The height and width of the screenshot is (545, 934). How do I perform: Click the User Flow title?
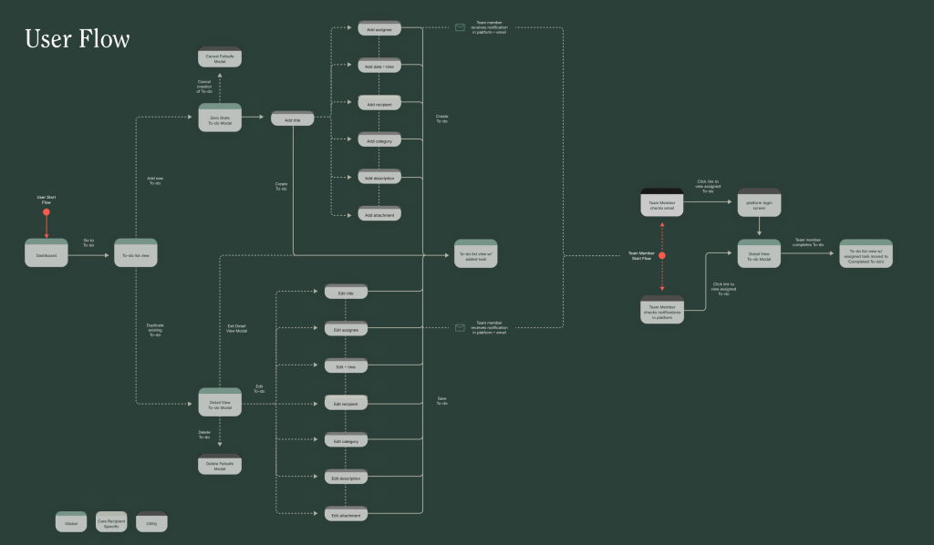(78, 39)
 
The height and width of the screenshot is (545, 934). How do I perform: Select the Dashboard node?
(47, 255)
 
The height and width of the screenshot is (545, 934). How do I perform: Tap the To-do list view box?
(136, 255)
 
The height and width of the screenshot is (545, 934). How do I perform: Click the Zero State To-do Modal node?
(220, 118)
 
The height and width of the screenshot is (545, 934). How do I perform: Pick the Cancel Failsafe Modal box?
(220, 57)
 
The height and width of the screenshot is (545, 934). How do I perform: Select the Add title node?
(293, 119)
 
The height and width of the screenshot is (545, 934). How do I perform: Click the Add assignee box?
(379, 28)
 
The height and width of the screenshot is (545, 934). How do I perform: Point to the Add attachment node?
(379, 214)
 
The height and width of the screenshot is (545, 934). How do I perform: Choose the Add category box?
(379, 140)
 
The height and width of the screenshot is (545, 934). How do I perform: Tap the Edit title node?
(346, 292)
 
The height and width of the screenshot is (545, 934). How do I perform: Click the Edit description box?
(346, 477)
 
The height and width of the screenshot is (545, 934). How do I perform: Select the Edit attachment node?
(346, 514)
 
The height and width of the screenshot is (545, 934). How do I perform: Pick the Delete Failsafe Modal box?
(220, 465)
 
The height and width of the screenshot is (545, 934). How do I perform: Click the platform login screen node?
(759, 205)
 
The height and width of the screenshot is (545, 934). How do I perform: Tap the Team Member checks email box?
(662, 204)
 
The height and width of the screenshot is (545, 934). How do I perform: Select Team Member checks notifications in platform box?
(662, 311)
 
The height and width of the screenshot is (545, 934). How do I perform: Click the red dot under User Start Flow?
(47, 212)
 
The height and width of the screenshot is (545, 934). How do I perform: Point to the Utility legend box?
(151, 522)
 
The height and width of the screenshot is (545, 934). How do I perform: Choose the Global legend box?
(71, 522)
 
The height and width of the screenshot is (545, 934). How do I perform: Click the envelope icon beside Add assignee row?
(461, 27)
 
